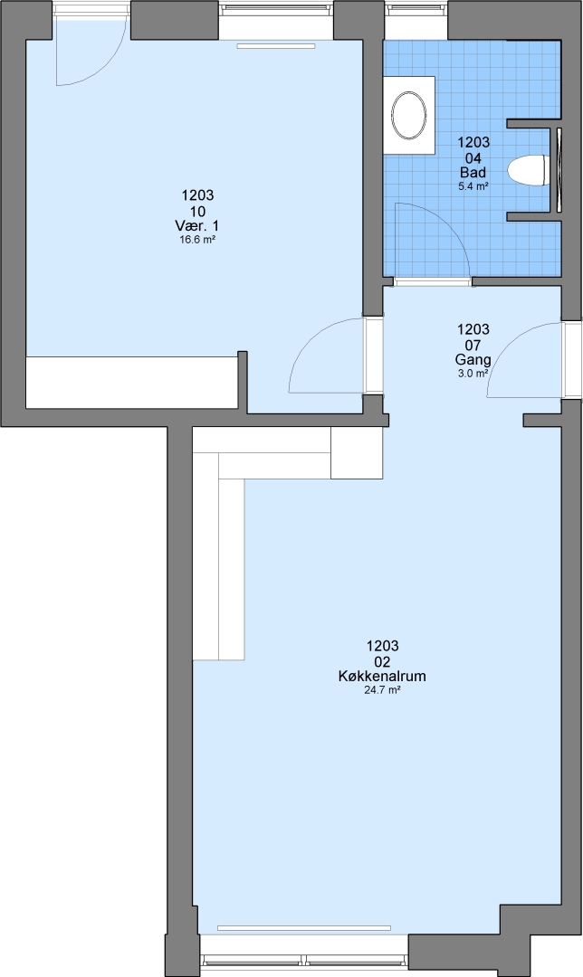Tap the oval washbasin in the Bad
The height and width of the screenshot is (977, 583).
coord(410,115)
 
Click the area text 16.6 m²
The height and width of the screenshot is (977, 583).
coord(197,239)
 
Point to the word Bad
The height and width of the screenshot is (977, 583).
coord(473,173)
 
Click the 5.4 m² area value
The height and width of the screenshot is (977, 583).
coord(473,185)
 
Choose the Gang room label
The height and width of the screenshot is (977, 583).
coord(473,359)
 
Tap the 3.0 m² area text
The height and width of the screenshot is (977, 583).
coord(473,374)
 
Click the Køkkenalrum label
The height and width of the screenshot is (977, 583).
coord(382,676)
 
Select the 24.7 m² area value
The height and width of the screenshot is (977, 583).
coord(382,689)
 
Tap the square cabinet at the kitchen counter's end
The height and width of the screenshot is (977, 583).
coord(356,453)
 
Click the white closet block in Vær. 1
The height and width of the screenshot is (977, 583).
coord(131,382)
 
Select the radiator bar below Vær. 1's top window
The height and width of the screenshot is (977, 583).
coord(276,45)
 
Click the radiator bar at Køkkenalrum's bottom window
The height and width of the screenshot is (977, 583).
coord(305,927)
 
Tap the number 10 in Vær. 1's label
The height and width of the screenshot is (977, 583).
coord(197,211)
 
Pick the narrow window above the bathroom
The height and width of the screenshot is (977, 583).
coord(416,10)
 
